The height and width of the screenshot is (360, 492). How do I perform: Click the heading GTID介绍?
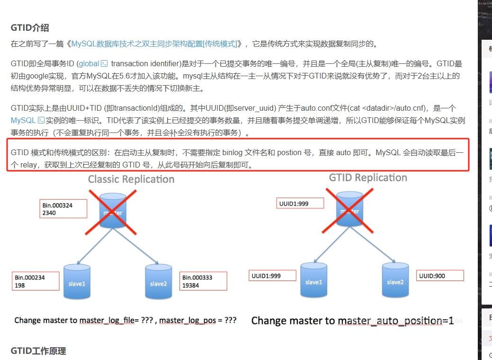click(30, 28)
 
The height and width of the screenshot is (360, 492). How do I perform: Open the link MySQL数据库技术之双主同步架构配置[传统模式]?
click(154, 44)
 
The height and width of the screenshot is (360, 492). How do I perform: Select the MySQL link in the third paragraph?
click(23, 120)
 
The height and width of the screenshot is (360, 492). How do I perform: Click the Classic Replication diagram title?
click(131, 179)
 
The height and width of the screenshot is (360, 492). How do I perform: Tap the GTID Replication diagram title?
click(368, 178)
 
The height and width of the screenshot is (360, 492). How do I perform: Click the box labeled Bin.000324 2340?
click(63, 209)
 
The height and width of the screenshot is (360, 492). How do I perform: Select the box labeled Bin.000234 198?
click(36, 281)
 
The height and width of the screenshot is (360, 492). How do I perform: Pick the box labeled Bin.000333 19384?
click(204, 281)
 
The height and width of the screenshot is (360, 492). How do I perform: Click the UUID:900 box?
click(440, 275)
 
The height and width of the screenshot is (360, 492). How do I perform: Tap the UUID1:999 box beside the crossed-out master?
click(300, 203)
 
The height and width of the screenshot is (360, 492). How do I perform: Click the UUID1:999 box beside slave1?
click(272, 275)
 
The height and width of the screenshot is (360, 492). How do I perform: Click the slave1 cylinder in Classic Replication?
click(77, 282)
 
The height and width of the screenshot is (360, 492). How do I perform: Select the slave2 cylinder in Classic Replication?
click(158, 282)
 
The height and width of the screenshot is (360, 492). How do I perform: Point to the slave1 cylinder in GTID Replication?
click(313, 281)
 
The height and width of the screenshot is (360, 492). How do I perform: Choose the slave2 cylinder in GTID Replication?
click(394, 281)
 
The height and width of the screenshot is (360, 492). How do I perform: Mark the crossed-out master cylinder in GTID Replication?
click(350, 209)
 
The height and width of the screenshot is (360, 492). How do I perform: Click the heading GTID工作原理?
click(38, 351)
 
